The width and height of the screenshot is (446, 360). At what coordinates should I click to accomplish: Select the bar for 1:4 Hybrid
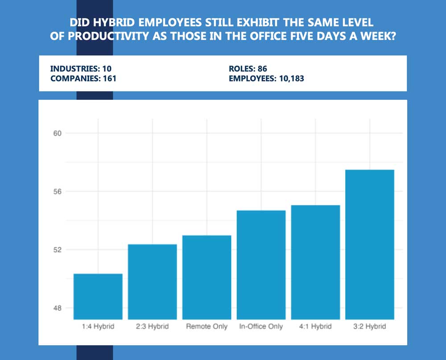(x=98, y=296)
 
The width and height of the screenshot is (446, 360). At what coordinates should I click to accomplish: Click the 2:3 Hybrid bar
(x=153, y=282)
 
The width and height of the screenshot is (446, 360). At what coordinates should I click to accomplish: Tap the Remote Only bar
(x=207, y=277)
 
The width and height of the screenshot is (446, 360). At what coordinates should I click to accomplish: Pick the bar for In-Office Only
(x=261, y=265)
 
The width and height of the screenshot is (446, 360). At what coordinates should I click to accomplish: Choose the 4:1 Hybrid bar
(x=315, y=262)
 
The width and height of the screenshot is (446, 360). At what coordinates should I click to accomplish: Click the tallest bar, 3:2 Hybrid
(x=370, y=245)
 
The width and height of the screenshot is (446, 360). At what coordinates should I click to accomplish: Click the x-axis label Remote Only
(x=207, y=327)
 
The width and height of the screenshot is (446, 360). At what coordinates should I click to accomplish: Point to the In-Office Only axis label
(x=261, y=327)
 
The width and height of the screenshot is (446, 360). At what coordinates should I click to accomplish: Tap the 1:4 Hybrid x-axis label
(x=98, y=327)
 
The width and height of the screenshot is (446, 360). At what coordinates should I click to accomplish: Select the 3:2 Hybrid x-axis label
(x=370, y=327)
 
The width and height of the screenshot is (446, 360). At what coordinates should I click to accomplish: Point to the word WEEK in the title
(x=379, y=36)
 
